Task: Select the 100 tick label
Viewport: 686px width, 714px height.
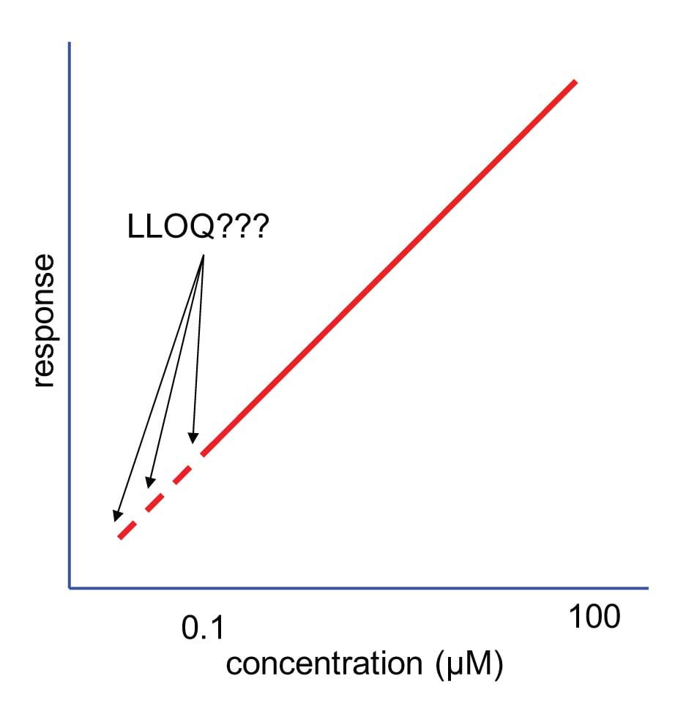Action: [x=595, y=617]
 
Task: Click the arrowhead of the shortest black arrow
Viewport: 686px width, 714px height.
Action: [x=193, y=439]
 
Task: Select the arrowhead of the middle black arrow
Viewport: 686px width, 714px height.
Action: [x=149, y=483]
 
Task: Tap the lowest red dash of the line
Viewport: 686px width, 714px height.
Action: [x=128, y=529]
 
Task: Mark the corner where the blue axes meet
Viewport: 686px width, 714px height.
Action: [x=70, y=587]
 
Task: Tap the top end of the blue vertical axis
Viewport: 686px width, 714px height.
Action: [x=70, y=42]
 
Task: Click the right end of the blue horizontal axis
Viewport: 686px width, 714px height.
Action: [x=648, y=587]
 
